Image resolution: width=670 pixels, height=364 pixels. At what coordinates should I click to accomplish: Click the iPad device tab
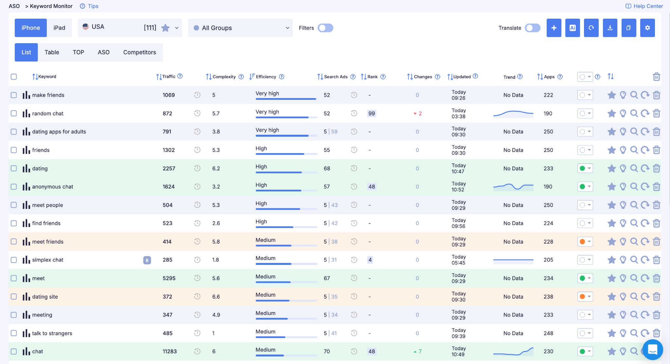point(59,28)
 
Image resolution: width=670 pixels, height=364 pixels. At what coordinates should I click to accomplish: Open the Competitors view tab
point(140,52)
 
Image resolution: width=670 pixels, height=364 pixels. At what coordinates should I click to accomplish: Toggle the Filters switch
point(325,28)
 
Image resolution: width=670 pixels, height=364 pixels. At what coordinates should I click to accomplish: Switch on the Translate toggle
point(533,28)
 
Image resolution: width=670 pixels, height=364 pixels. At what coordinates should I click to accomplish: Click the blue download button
point(610,28)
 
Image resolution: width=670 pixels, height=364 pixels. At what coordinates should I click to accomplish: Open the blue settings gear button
point(647,28)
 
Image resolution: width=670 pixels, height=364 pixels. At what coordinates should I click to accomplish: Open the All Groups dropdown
point(240,28)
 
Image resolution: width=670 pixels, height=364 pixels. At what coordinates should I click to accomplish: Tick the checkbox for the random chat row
point(14,113)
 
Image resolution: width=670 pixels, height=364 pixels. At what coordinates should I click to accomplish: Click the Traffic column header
point(169,77)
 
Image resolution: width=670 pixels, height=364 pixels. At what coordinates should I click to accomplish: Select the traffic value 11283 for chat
point(170,351)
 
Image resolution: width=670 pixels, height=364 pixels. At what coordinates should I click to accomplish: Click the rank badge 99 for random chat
point(372,113)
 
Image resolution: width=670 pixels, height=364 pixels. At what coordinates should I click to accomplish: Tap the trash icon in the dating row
point(656,168)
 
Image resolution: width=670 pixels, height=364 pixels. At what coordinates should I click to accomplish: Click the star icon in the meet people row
point(611,205)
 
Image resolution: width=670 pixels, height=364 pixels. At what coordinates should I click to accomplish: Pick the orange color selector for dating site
point(585,297)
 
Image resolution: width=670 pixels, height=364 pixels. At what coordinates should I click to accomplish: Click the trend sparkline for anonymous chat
point(513,187)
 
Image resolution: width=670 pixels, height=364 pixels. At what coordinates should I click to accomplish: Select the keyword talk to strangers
point(52,333)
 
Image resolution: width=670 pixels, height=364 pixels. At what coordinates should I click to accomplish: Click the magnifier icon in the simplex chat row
point(634,260)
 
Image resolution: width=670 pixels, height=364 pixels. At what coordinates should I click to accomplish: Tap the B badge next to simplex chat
point(147,260)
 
